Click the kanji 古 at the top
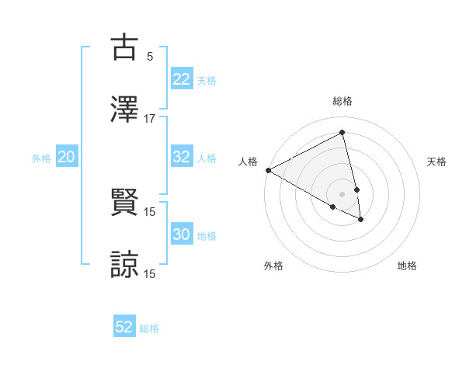point(124,47)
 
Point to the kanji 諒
point(124,264)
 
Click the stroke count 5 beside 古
point(150,56)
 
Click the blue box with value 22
point(181,79)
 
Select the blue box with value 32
point(181,157)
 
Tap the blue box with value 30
point(181,235)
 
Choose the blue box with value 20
point(66,157)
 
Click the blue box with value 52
point(124,327)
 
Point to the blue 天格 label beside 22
point(207,81)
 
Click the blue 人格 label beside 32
point(207,158)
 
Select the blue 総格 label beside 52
point(149,328)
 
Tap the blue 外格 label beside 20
point(41,158)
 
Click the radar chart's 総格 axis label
point(343,101)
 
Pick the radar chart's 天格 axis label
point(437,162)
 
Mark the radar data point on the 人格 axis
point(268,170)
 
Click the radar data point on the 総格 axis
point(343,132)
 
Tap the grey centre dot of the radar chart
point(343,193)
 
